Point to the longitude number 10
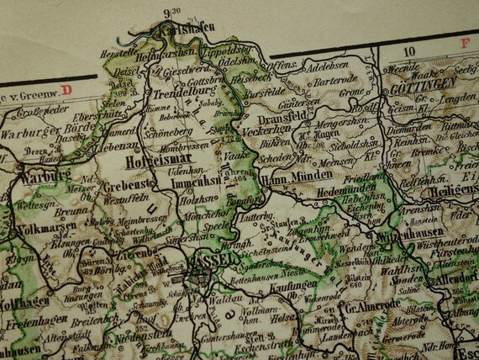click(x=410, y=51)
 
